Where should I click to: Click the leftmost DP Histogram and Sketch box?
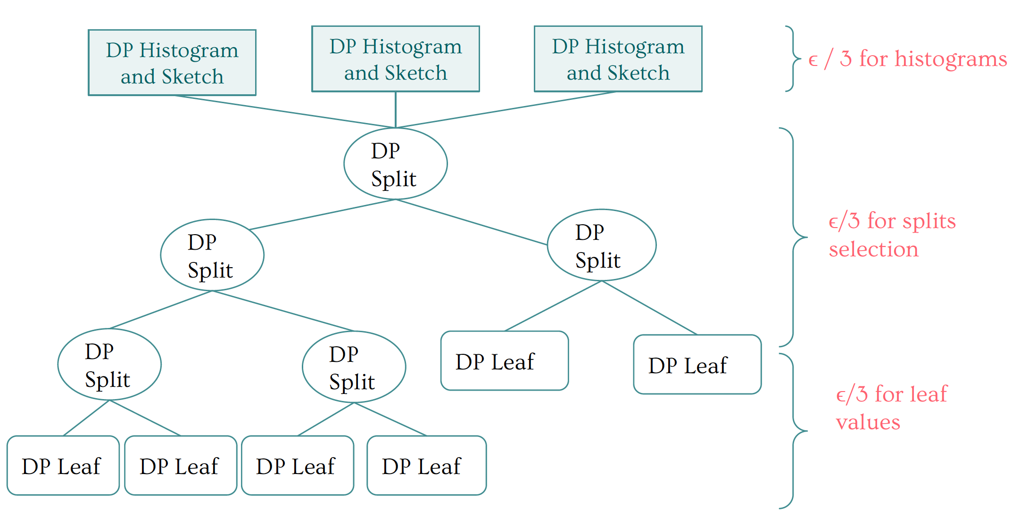pyautogui.click(x=172, y=63)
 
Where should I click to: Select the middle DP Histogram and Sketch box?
pyautogui.click(x=396, y=59)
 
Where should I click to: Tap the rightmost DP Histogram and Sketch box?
pyautogui.click(x=618, y=59)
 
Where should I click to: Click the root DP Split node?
pyautogui.click(x=395, y=163)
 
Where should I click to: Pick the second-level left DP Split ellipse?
pyautogui.click(x=212, y=255)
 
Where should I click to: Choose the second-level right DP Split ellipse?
pyautogui.click(x=601, y=245)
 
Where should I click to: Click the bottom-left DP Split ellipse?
pyautogui.click(x=109, y=364)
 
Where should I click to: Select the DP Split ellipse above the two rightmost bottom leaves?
pyautogui.click(x=354, y=367)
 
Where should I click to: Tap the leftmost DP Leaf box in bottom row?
pyautogui.click(x=63, y=466)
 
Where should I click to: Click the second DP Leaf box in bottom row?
pyautogui.click(x=181, y=466)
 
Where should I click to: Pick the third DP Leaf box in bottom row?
pyautogui.click(x=298, y=466)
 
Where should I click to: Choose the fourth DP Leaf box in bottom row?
pyautogui.click(x=426, y=466)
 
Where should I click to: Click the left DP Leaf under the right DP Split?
pyautogui.click(x=505, y=361)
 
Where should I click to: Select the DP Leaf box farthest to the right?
pyautogui.click(x=697, y=364)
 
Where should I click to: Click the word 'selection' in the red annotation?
pyautogui.click(x=873, y=249)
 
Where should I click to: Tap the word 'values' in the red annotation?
pyautogui.click(x=868, y=422)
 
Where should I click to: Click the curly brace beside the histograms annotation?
pyautogui.click(x=793, y=59)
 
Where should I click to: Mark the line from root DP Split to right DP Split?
pyautogui.click(x=472, y=222)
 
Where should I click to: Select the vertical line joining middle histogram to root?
pyautogui.click(x=396, y=110)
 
